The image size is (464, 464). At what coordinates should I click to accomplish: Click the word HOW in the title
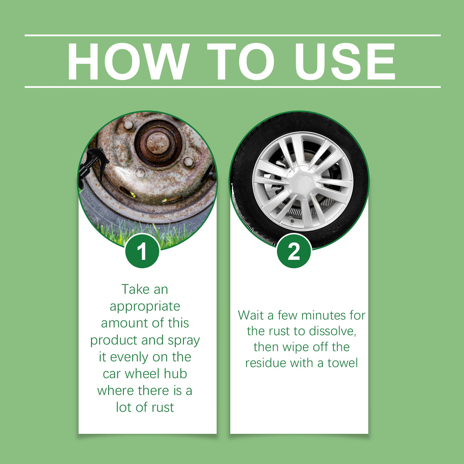[128, 62]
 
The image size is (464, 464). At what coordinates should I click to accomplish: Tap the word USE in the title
[345, 62]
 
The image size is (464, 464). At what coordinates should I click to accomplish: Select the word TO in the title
[241, 62]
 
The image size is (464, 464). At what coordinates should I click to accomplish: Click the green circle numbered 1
[142, 251]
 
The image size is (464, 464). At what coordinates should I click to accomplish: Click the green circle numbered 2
[294, 251]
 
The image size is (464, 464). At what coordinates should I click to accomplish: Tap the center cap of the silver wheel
[302, 180]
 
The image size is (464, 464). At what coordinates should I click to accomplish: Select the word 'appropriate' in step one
[145, 307]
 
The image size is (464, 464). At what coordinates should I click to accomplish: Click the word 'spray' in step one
[185, 340]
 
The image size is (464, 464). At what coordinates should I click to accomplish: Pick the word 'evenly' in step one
[129, 357]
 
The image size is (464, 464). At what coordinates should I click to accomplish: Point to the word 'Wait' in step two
[250, 315]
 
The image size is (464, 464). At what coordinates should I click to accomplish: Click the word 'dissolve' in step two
[332, 331]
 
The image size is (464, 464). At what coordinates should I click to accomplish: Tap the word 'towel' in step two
[342, 363]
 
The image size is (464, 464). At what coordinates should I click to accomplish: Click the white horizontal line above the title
[232, 35]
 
